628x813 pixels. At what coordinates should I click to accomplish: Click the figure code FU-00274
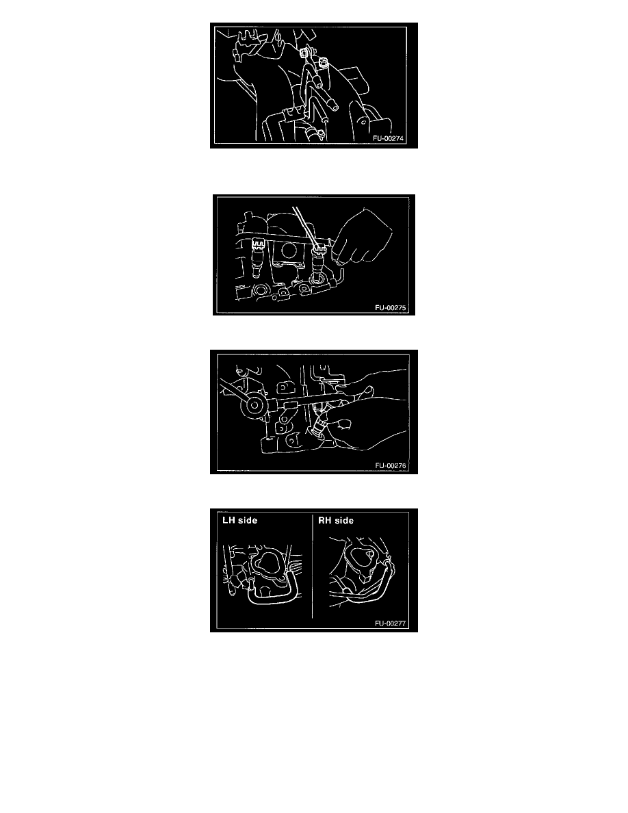click(388, 138)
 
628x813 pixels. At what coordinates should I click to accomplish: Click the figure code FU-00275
click(391, 307)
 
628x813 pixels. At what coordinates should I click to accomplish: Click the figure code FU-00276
click(391, 465)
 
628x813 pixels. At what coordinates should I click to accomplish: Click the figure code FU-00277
click(391, 623)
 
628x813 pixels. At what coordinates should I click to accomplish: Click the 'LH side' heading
click(240, 520)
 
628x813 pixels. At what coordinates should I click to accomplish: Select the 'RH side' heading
click(336, 520)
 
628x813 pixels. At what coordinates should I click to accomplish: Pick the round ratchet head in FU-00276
click(255, 405)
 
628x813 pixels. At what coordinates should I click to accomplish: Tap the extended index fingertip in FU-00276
click(369, 388)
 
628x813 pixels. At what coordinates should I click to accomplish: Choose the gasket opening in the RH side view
click(362, 557)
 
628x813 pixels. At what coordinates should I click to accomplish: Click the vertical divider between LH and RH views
click(313, 566)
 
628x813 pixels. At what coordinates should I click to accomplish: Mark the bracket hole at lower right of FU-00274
click(363, 122)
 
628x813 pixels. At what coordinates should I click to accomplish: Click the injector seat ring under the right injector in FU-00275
click(317, 283)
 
